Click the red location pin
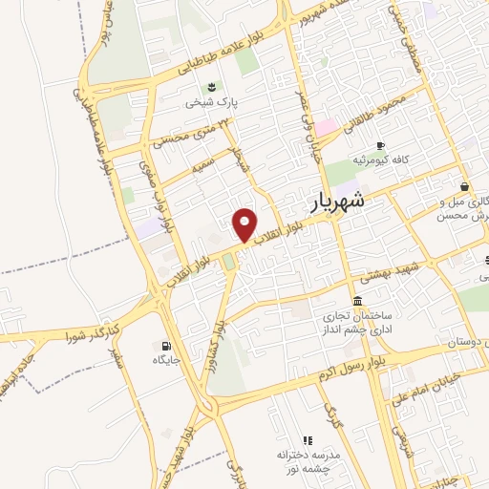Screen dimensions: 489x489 [x=245, y=223]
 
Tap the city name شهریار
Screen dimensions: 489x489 [x=337, y=202]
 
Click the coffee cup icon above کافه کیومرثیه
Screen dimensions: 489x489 [x=380, y=145]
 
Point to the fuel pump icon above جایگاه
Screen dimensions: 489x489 [x=168, y=346]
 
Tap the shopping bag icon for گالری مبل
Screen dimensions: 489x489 [x=463, y=186]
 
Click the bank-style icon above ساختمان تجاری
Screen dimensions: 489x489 [x=357, y=301]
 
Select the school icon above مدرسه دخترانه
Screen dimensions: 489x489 [x=308, y=440]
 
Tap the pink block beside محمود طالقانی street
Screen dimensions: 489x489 [x=326, y=127]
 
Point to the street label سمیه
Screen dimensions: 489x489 [x=202, y=164]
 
